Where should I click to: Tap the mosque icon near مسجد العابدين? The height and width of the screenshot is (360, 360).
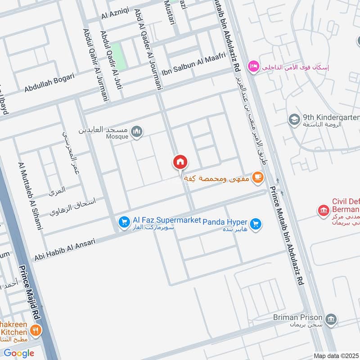pos(137,131)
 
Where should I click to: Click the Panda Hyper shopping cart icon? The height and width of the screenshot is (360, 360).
pos(256,223)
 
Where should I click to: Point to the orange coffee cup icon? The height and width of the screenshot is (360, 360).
pos(257,177)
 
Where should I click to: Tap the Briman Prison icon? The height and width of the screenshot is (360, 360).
pos(331,319)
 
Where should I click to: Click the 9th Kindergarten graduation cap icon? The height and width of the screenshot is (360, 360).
pos(294,119)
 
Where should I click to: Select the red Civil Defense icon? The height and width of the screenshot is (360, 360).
pos(323,210)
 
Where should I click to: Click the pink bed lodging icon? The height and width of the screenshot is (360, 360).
pos(252,67)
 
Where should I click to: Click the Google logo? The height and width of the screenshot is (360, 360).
pos(19,353)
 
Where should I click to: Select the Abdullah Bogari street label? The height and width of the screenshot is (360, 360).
pos(49,83)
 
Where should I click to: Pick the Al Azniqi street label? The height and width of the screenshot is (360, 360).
pos(115,14)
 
